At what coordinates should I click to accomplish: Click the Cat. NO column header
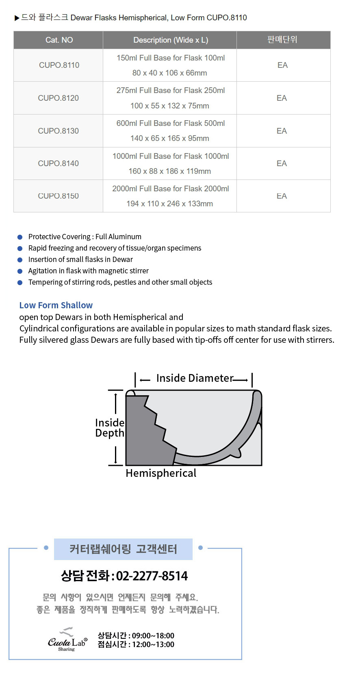click(x=59, y=40)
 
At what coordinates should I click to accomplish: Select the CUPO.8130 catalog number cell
click(x=59, y=131)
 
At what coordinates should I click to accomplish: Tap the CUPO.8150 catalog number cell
click(x=59, y=196)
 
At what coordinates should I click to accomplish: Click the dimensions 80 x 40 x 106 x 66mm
click(x=169, y=73)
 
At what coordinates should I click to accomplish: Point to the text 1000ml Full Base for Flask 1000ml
click(x=171, y=156)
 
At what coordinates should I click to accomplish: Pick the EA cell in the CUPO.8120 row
click(x=282, y=98)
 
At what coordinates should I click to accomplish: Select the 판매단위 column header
click(x=282, y=39)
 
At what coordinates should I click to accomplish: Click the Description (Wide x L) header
click(x=171, y=40)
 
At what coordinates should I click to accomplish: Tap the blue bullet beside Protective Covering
click(x=20, y=237)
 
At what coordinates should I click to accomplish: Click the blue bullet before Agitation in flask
click(x=20, y=271)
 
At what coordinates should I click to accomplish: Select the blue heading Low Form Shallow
click(x=56, y=305)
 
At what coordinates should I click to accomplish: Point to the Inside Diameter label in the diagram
click(x=195, y=378)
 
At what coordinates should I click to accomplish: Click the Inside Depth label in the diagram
click(x=110, y=428)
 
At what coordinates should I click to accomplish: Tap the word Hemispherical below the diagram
click(x=161, y=473)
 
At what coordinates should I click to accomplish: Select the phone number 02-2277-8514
click(x=152, y=576)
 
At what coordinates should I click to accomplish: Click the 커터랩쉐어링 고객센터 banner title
click(x=123, y=549)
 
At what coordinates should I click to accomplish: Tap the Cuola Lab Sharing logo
click(x=67, y=639)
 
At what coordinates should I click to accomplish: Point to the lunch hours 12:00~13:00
click(x=153, y=645)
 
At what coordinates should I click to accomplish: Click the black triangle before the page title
click(x=17, y=18)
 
